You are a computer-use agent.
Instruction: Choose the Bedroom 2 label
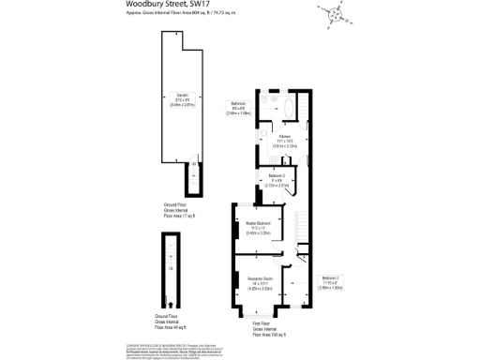(x=277, y=176)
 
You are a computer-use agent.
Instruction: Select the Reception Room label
(x=261, y=278)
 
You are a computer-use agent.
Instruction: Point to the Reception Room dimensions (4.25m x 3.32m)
(x=261, y=289)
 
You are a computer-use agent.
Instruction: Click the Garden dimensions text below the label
(x=182, y=104)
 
